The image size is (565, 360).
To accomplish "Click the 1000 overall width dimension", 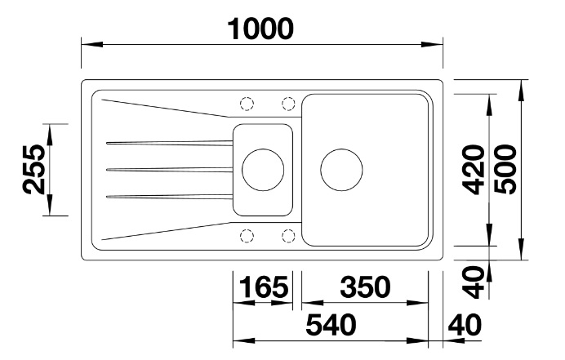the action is coord(260,29).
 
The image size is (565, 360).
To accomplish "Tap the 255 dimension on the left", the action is coord(33,169).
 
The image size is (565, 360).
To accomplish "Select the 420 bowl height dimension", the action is coord(474,169).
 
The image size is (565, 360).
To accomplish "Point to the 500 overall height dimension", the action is coord(505,169).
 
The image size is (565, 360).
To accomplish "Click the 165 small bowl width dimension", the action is coord(264,287).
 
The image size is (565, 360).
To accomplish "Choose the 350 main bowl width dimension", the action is coord(366,287).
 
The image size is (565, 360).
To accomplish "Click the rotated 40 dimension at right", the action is coord(474,282).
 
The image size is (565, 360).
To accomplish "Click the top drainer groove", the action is coord(169,143).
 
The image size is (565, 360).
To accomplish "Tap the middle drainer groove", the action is coord(169,169).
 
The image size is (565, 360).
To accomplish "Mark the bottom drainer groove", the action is coord(169,197).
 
